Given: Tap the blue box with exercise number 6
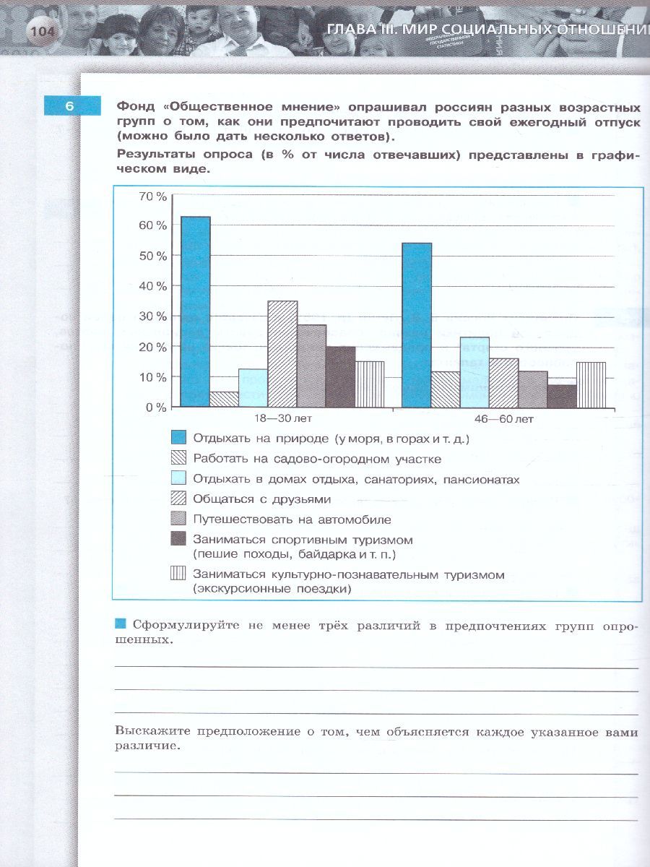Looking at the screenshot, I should point(69,105).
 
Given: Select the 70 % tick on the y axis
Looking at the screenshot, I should point(152,197).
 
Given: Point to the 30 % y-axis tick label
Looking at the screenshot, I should point(152,316).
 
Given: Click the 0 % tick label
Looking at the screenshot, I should point(155,407).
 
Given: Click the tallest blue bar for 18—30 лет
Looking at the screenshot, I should point(195,311).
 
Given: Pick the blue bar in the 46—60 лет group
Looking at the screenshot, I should point(417,324).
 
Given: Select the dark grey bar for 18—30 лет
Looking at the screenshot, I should point(340,376).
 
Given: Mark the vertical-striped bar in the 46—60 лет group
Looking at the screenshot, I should point(591,384).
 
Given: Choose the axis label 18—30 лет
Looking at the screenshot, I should point(283,419).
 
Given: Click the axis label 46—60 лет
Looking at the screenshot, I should point(504,419).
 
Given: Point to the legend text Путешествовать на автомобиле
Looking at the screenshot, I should point(292,519).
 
